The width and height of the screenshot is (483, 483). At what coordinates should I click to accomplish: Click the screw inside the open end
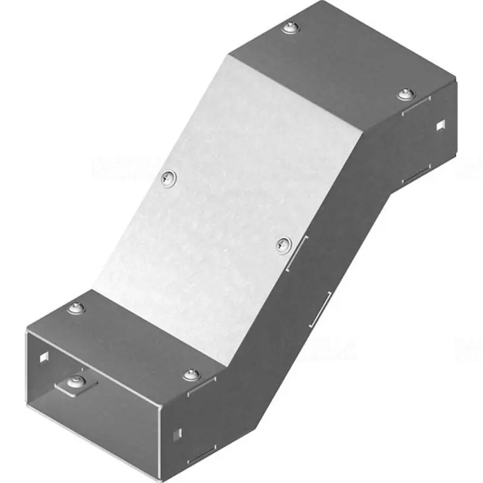click(x=76, y=382)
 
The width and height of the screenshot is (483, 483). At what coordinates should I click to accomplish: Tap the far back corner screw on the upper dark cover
click(x=292, y=27)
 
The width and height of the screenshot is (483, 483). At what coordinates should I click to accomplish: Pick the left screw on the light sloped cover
click(x=168, y=177)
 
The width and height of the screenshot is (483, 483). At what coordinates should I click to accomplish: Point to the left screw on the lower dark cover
click(x=77, y=309)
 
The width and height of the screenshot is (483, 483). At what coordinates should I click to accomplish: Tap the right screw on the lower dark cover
click(x=191, y=374)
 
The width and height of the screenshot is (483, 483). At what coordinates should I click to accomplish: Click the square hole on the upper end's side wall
click(x=440, y=126)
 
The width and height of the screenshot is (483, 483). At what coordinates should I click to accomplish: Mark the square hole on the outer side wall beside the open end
click(x=177, y=433)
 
